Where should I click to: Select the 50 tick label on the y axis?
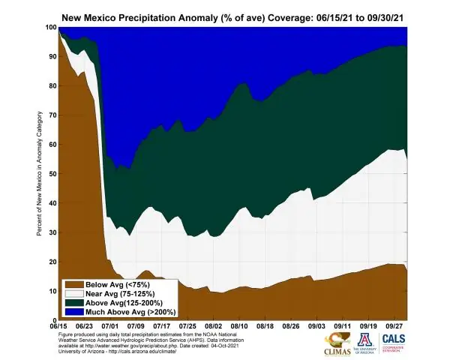coord(52,173)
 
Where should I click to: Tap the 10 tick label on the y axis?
coord(52,291)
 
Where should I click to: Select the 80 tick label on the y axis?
coord(52,85)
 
